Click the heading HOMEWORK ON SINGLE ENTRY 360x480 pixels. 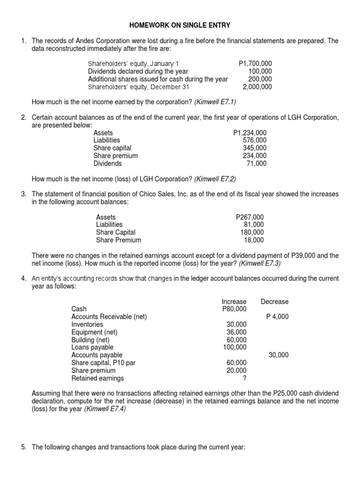tap(180, 24)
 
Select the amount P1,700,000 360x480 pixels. tap(255, 63)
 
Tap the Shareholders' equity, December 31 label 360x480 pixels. tap(134, 87)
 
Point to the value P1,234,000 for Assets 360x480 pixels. tap(249, 133)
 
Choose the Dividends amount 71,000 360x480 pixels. tap(256, 164)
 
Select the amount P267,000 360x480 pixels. tap(250, 217)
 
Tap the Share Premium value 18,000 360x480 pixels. tap(254, 240)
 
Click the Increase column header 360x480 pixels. tap(234, 301)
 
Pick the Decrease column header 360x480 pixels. tap(275, 301)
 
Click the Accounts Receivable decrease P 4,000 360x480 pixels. tap(277, 316)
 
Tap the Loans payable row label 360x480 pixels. tap(92, 347)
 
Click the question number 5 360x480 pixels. tap(23, 448)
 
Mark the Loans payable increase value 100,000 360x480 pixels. tap(234, 347)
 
